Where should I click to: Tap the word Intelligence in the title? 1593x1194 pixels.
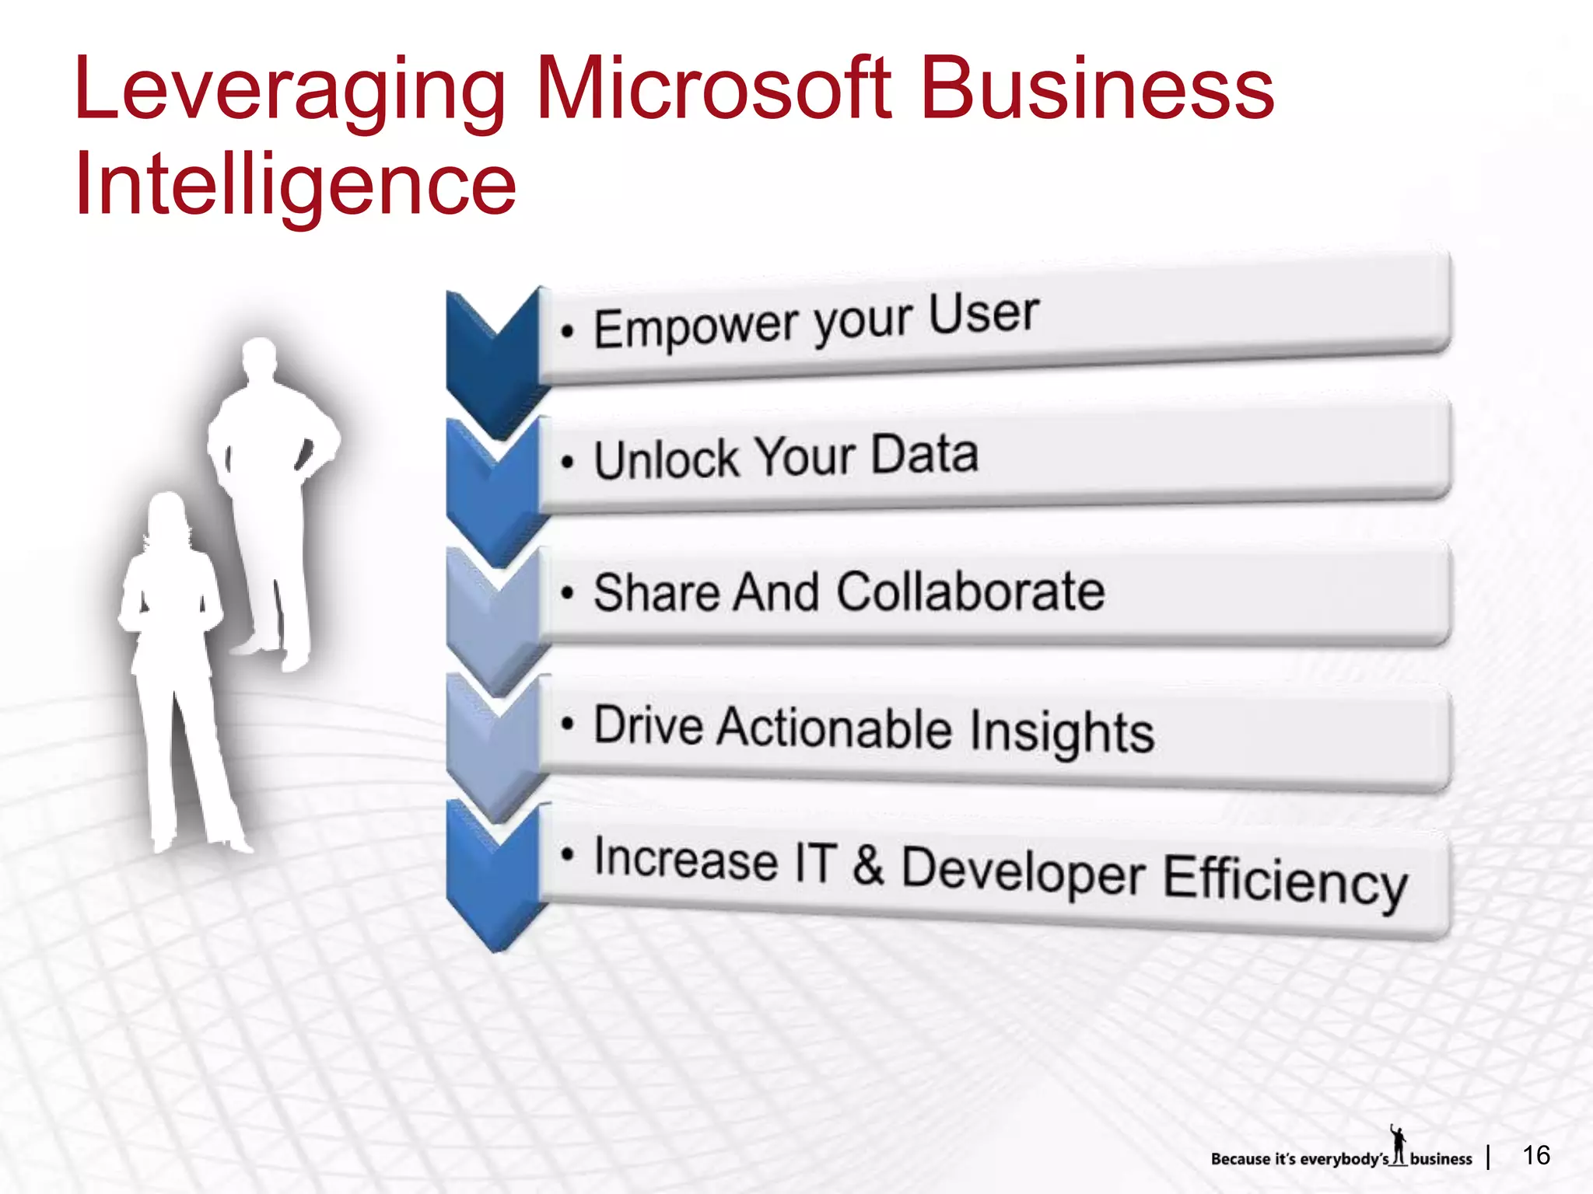tap(296, 184)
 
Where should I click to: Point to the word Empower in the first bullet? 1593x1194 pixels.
tap(695, 326)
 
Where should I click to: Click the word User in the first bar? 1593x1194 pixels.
tap(983, 314)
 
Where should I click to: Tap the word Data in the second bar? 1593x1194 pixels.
tap(924, 454)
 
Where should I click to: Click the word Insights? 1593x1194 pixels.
tap(1063, 733)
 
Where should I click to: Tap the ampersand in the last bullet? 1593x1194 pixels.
tap(868, 864)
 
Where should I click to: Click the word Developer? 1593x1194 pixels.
tap(1023, 871)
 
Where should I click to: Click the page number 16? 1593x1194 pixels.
tap(1536, 1155)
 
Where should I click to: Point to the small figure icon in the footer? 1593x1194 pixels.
tap(1399, 1145)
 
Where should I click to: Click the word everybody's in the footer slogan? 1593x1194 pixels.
tap(1344, 1159)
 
